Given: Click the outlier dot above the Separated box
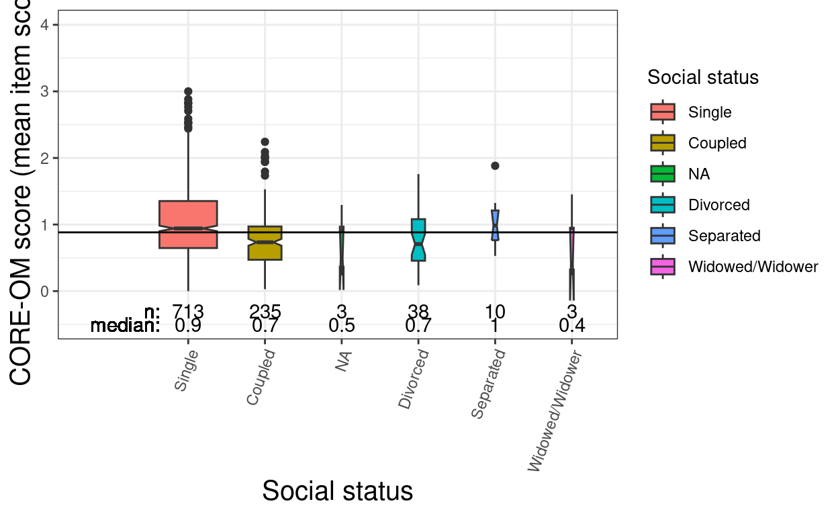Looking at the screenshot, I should point(495,166).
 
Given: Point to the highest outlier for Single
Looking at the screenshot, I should point(188,91).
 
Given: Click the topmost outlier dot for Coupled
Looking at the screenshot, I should point(265,142).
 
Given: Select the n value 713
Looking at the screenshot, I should point(188,312).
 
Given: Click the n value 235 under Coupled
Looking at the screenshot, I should point(265,312).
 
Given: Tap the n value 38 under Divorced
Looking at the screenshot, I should point(418,312).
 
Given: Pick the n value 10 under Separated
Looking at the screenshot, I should point(495,312).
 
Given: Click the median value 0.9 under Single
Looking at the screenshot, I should point(188,327).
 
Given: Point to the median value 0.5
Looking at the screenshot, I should point(342,327).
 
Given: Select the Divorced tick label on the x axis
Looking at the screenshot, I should point(414,380).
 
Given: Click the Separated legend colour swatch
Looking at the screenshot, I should point(663,236).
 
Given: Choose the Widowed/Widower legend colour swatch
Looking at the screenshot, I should point(663,267).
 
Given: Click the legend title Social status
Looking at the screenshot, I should point(703,78).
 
